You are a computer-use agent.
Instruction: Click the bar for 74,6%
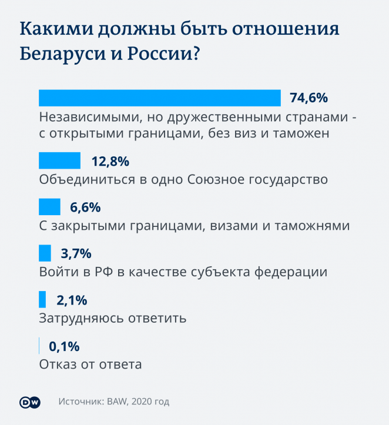pyautogui.click(x=159, y=98)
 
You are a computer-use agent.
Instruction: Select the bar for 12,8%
pyautogui.click(x=59, y=161)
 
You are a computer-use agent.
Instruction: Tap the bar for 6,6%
pyautogui.click(x=49, y=207)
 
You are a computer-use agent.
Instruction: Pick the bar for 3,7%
pyautogui.click(x=45, y=253)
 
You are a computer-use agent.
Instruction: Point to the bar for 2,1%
pyautogui.click(x=42, y=300)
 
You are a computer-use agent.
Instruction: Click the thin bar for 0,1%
pyautogui.click(x=39, y=346)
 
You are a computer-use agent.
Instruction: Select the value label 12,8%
pyautogui.click(x=110, y=161)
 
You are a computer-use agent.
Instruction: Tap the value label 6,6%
pyautogui.click(x=86, y=208)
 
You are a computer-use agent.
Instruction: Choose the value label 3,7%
pyautogui.click(x=76, y=254)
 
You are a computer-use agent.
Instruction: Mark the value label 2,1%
pyautogui.click(x=72, y=300)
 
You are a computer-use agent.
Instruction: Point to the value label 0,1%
pyautogui.click(x=64, y=346)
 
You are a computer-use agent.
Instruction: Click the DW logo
pyautogui.click(x=30, y=402)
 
